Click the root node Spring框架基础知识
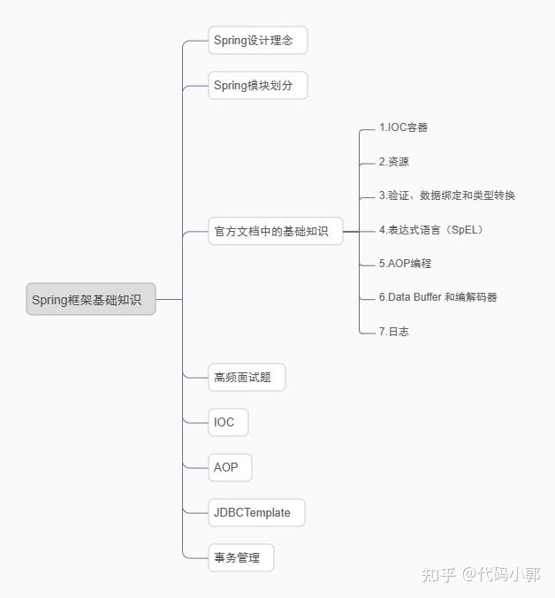coord(91,299)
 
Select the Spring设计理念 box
coord(258,41)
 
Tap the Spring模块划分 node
coord(258,86)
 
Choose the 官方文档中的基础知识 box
coord(276,231)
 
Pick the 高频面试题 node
coord(247,377)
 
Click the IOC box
coord(228,422)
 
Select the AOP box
coord(230,467)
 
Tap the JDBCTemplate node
coord(257,512)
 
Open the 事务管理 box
coord(241,557)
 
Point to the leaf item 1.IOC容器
coord(403,127)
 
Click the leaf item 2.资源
coord(394,162)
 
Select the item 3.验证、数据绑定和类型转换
coord(447,195)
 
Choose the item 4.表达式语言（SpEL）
coord(431,230)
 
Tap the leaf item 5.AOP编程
coord(406,264)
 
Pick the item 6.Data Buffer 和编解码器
coord(438,297)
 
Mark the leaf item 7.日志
coord(394,332)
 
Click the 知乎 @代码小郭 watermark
coord(481,575)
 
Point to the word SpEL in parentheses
coord(464,230)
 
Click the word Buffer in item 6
coord(428,296)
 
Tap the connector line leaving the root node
coord(169,299)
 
